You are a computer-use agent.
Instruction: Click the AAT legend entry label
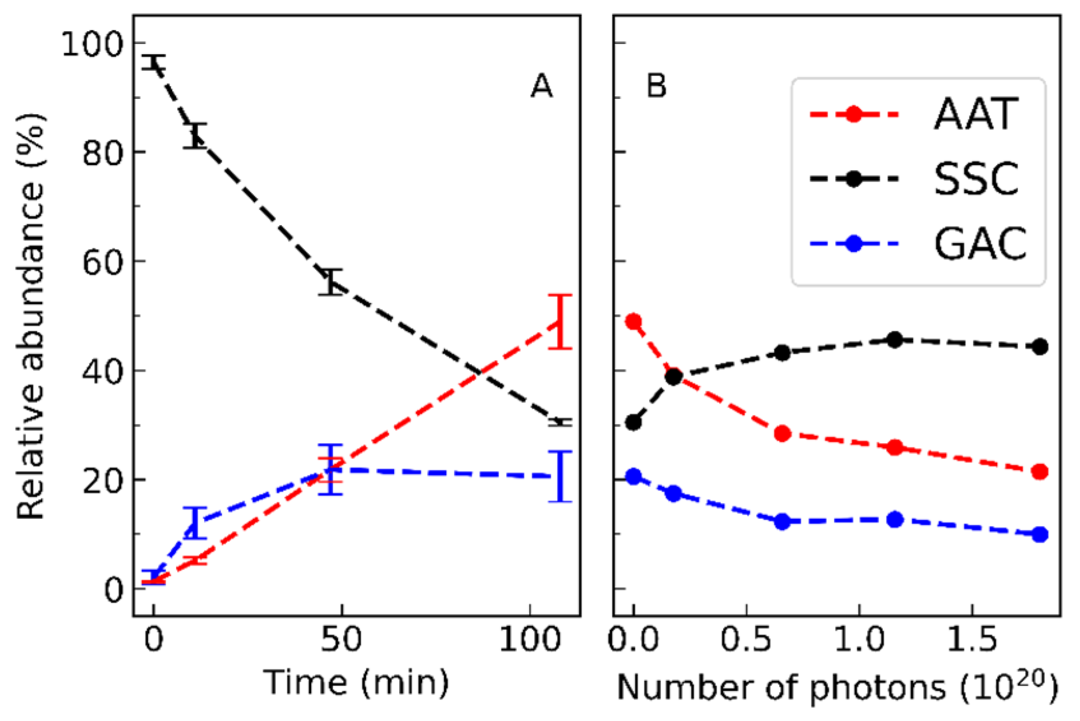(975, 115)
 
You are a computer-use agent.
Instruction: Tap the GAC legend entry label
(979, 244)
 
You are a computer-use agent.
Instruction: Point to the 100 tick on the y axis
(92, 45)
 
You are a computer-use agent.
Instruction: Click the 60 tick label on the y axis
(102, 262)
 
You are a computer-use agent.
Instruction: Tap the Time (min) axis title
(356, 683)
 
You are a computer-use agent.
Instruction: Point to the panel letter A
(541, 86)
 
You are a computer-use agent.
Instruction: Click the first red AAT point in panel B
(633, 321)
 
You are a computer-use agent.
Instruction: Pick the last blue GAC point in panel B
(1040, 534)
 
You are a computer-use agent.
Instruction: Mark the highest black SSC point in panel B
(895, 340)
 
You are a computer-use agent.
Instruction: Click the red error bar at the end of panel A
(560, 322)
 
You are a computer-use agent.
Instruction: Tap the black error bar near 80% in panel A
(195, 135)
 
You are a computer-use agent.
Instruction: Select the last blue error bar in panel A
(560, 476)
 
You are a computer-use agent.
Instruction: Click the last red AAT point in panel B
(1040, 472)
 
